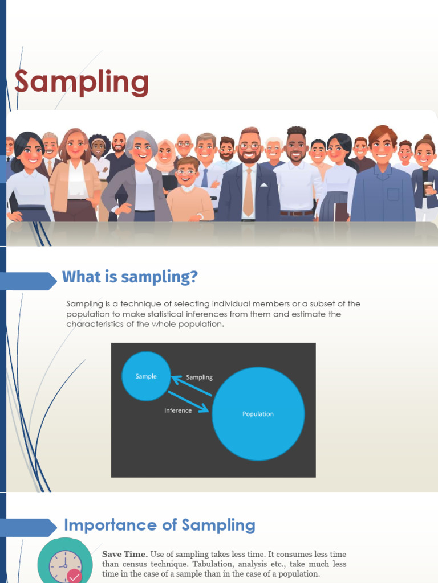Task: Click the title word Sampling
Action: pyautogui.click(x=82, y=82)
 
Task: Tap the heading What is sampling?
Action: pyautogui.click(x=129, y=277)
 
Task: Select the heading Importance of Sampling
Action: pyautogui.click(x=159, y=525)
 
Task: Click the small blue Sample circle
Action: pyautogui.click(x=146, y=376)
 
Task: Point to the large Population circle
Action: pyautogui.click(x=258, y=414)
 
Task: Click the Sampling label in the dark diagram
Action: pyautogui.click(x=199, y=377)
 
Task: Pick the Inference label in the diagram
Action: pyautogui.click(x=178, y=410)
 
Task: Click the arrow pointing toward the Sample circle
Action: pyautogui.click(x=191, y=385)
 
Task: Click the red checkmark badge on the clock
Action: pyautogui.click(x=74, y=576)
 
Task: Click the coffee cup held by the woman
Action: pyautogui.click(x=428, y=188)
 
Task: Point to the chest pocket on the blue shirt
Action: pyautogui.click(x=393, y=195)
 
